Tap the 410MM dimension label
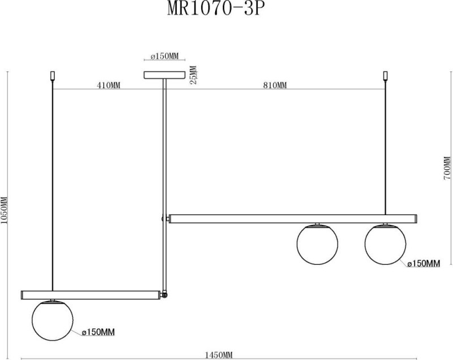click(x=108, y=85)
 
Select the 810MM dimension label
click(x=275, y=85)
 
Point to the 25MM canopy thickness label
click(x=193, y=75)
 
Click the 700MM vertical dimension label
click(x=447, y=168)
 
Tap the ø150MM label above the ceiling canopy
click(x=165, y=57)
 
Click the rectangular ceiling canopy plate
click(x=165, y=75)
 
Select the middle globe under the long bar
click(x=317, y=245)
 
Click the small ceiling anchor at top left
click(x=52, y=75)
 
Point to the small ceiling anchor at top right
click(x=386, y=75)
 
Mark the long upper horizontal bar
click(x=293, y=218)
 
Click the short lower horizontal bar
click(x=91, y=294)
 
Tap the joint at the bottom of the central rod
click(x=165, y=295)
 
